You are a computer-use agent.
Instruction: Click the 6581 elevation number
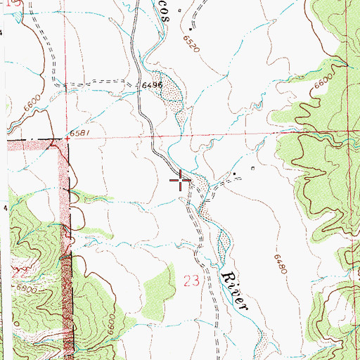[x=79, y=132]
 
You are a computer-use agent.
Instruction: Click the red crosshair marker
[x=181, y=181]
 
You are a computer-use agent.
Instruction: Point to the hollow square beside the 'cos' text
[x=179, y=10]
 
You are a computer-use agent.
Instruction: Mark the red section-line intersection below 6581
[x=68, y=139]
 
